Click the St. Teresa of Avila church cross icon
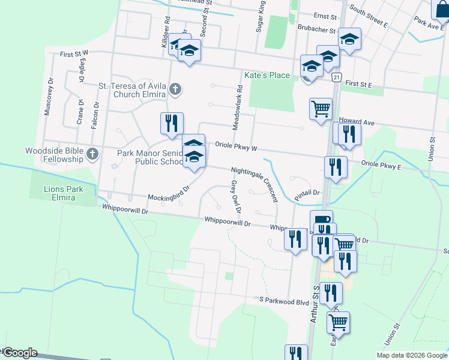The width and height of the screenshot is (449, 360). (175, 90)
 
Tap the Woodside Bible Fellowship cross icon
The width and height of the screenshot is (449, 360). (92, 154)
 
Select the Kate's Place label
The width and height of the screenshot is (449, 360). (267, 75)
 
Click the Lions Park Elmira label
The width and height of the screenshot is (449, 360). (63, 193)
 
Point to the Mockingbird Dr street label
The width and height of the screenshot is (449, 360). (168, 192)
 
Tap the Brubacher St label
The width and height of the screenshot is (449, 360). (316, 29)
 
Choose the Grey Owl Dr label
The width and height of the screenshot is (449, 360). (236, 197)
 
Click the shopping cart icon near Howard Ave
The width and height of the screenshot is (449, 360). (321, 109)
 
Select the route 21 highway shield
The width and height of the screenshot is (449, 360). (337, 77)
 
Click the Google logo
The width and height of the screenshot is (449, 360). (19, 353)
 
